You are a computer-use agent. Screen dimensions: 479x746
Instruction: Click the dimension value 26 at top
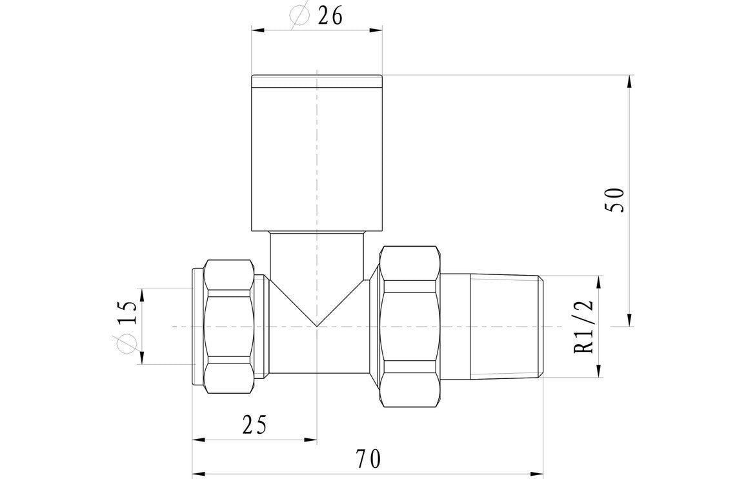pos(330,16)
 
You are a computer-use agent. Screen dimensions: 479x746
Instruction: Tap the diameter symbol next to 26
pos(300,15)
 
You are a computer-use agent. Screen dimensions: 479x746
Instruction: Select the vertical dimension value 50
pos(614,201)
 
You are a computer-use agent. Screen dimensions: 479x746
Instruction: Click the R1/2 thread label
pos(585,326)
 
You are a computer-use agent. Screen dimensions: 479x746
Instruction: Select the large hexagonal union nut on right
pos(410,326)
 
